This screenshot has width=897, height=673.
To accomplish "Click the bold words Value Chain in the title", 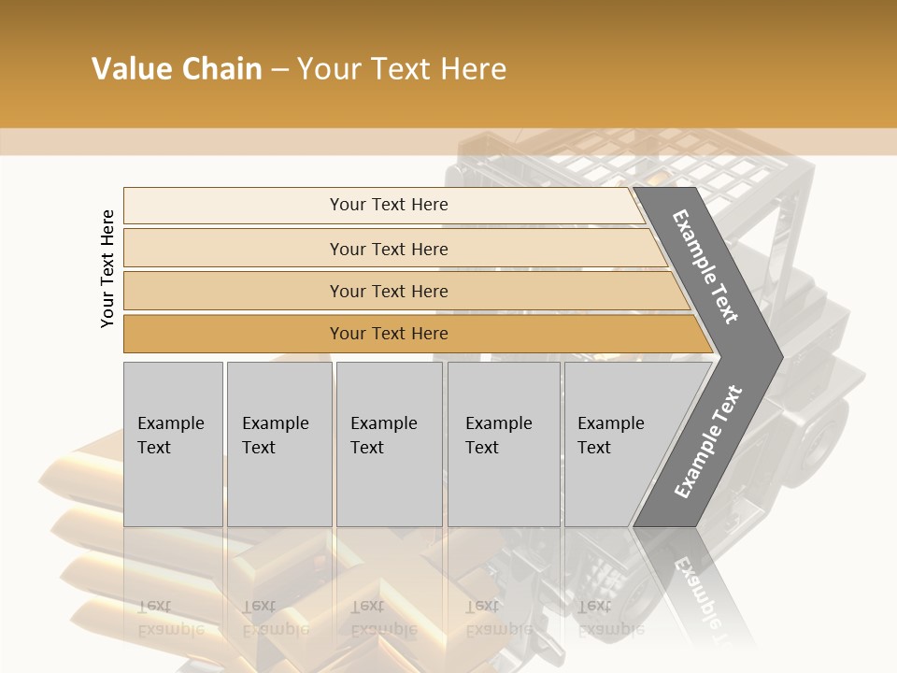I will coord(177,69).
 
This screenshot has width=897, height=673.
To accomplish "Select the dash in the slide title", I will coord(279,70).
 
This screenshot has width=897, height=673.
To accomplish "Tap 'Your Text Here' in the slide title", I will coord(402,70).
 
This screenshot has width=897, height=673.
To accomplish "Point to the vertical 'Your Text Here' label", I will coord(107,269).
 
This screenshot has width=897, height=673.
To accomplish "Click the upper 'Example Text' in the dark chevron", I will coord(705,266).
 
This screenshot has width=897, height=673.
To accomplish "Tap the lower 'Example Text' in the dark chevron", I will coord(707,442).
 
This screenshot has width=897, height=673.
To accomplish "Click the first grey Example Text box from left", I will coord(173,444).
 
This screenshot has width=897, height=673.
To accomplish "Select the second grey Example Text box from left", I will coord(278,444).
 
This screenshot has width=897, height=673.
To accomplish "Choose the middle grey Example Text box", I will coord(389,444).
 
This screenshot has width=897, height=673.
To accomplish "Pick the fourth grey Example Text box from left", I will coord(504,444).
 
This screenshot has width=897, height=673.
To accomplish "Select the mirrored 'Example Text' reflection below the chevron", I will coord(696,594).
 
